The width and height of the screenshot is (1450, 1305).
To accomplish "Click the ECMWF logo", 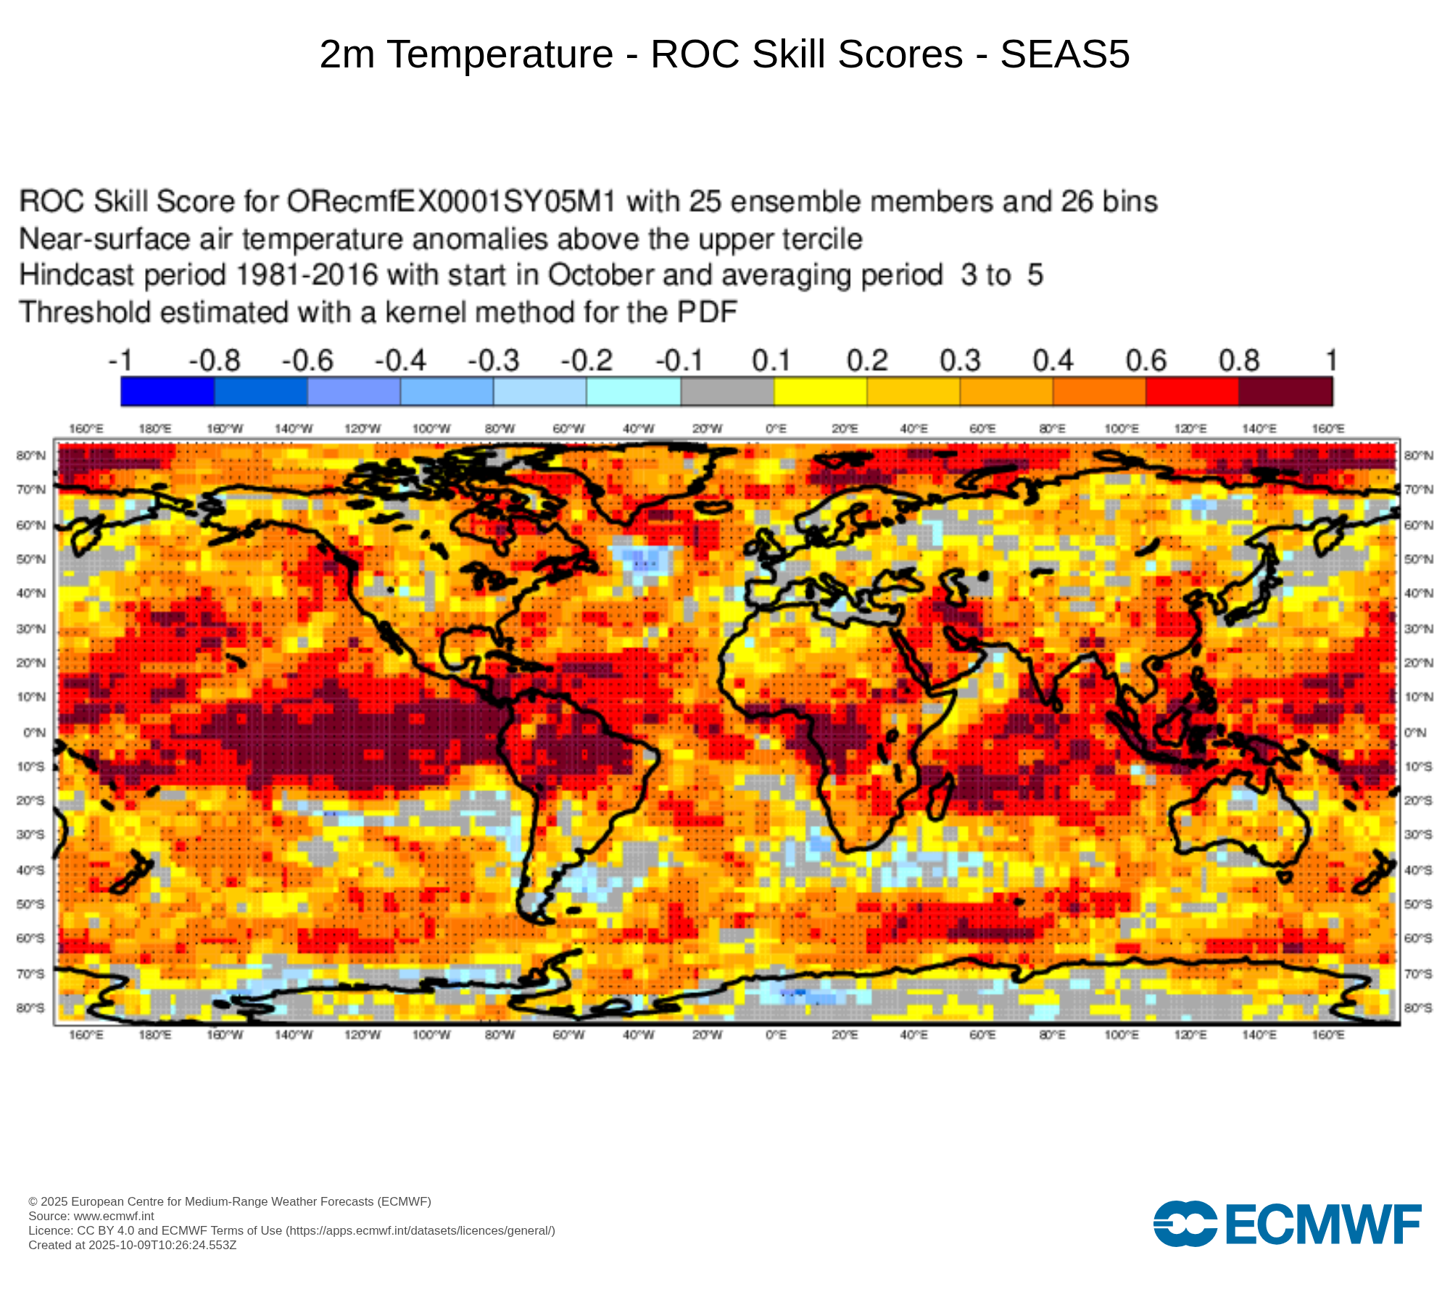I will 1287,1224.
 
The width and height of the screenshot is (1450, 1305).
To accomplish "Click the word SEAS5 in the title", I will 1064,54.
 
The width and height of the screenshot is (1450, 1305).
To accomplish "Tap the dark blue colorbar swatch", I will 167,391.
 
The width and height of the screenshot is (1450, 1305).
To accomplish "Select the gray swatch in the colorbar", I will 727,391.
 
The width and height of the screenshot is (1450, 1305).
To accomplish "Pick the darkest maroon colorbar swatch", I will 1285,391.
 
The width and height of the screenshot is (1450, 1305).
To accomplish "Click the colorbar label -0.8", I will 215,360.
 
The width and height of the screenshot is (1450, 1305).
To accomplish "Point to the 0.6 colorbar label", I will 1145,360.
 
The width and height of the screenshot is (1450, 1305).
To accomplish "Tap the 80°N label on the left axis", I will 31,455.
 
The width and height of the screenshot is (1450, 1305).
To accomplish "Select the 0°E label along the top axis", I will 776,429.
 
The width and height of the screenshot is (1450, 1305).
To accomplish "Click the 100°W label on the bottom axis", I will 431,1035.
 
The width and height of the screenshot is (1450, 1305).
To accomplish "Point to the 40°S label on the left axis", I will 31,870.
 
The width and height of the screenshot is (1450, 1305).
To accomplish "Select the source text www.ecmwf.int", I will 114,1216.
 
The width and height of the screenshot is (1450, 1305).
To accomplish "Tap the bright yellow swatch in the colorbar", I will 820,391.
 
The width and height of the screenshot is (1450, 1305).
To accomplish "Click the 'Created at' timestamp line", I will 133,1245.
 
